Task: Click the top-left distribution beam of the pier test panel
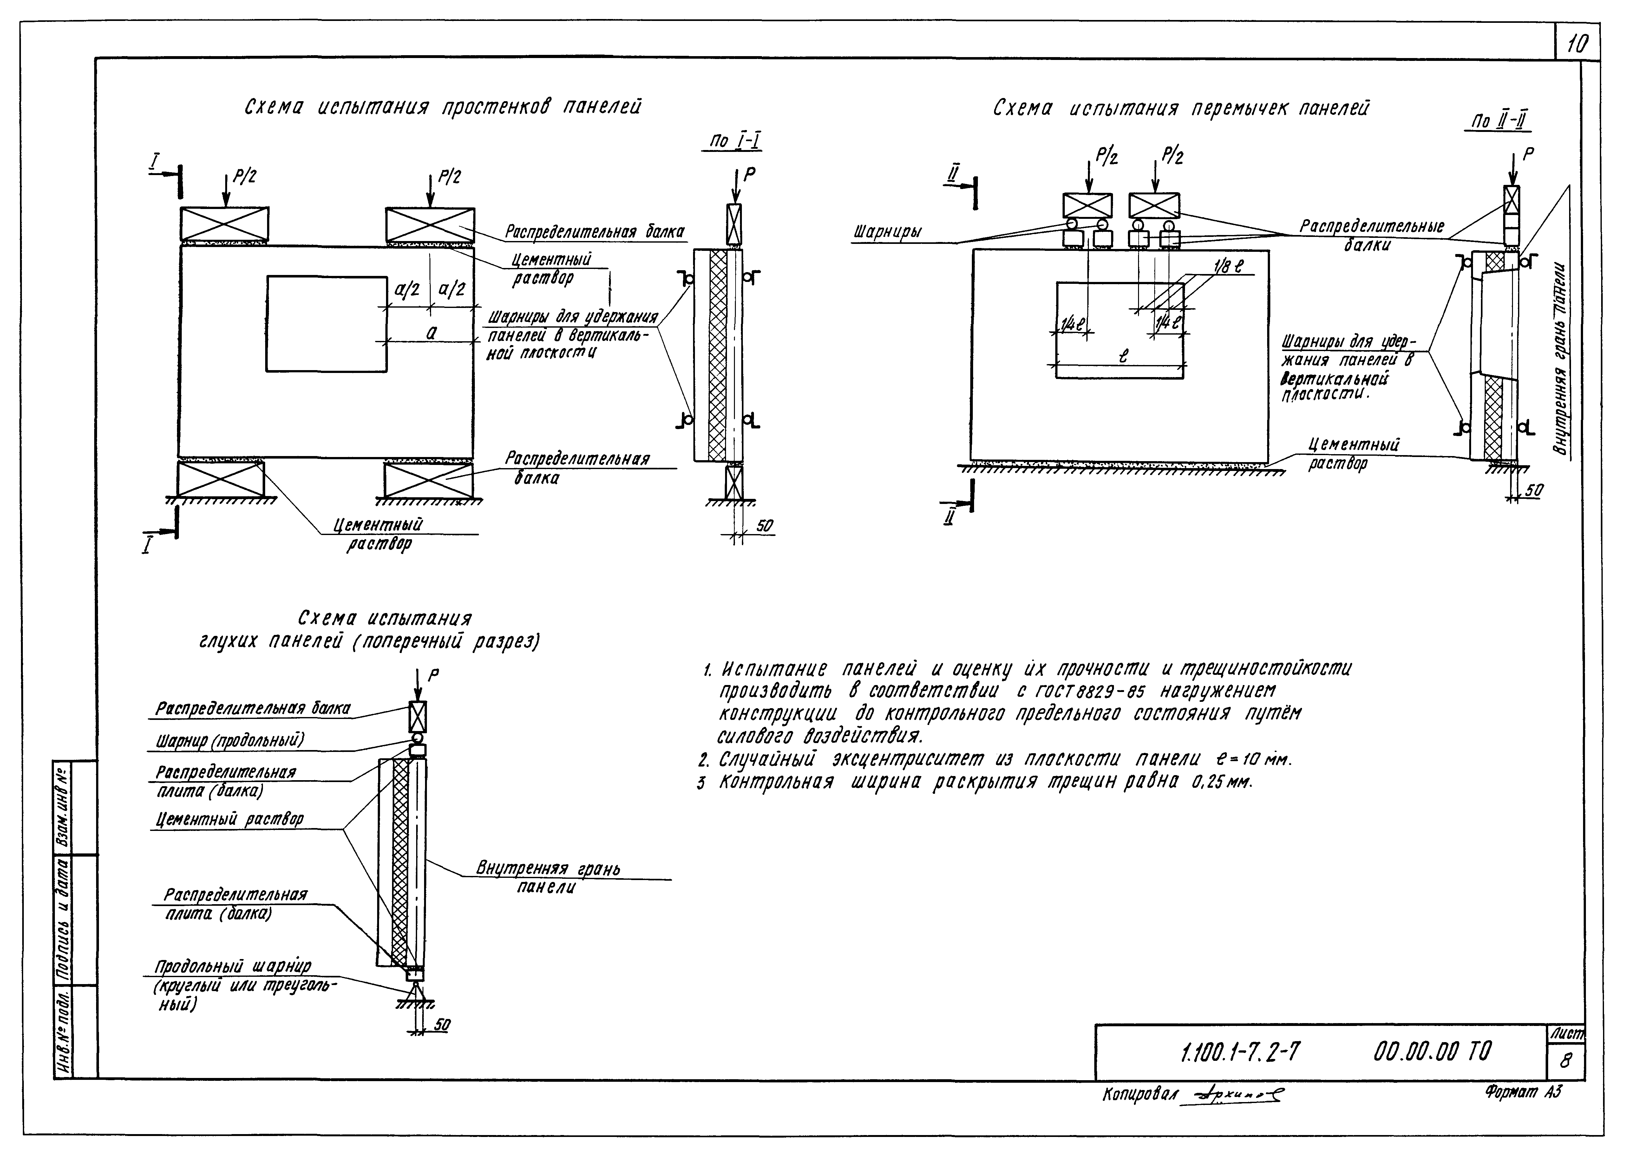pos(224,223)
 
